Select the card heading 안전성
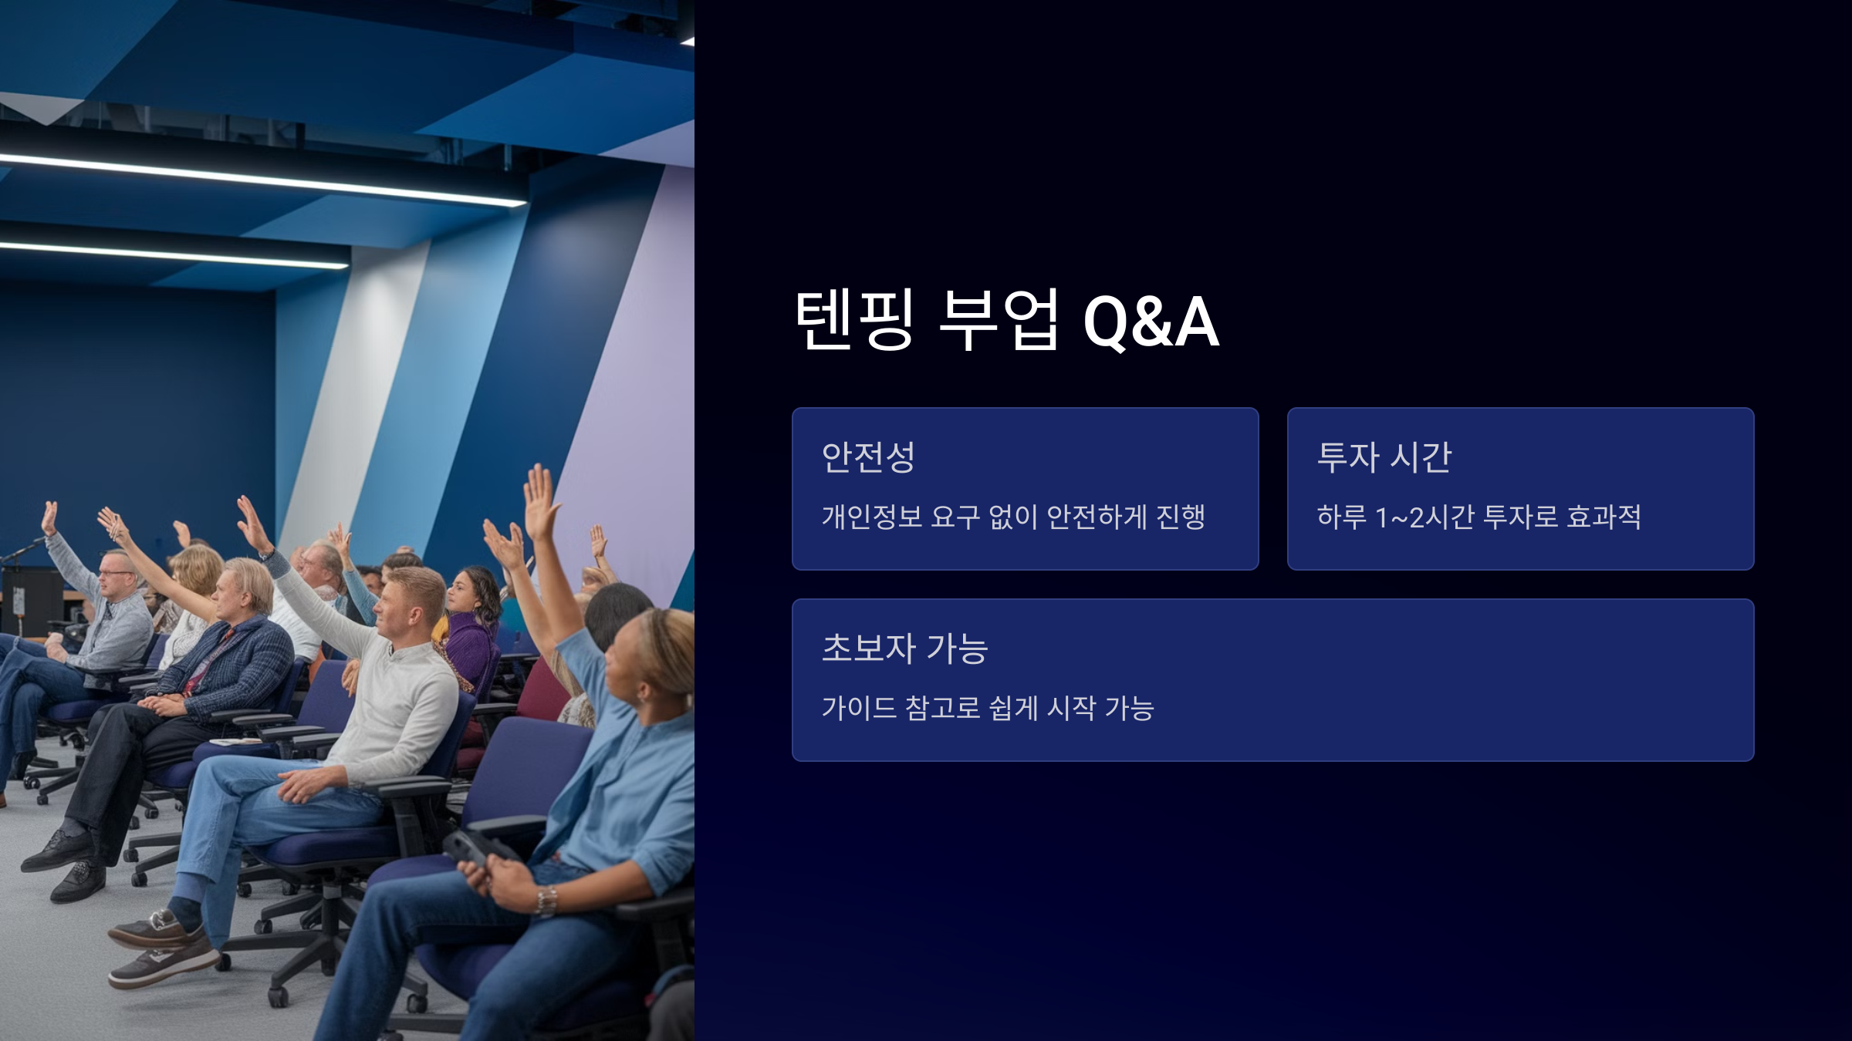point(868,456)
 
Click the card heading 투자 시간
point(1384,456)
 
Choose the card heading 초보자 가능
point(905,648)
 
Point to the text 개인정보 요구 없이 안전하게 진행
point(1013,517)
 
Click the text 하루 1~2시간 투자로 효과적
point(1479,517)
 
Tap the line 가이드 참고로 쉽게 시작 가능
point(988,708)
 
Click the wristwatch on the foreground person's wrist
point(547,901)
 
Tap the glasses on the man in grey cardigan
point(113,573)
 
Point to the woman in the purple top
point(467,625)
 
